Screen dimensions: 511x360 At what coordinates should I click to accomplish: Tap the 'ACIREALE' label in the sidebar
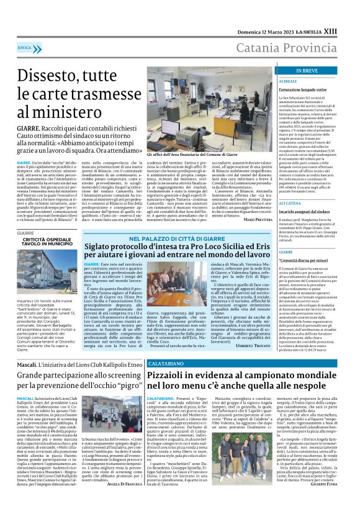[x=271, y=64]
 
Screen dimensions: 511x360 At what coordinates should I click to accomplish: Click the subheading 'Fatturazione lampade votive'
[x=289, y=73]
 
